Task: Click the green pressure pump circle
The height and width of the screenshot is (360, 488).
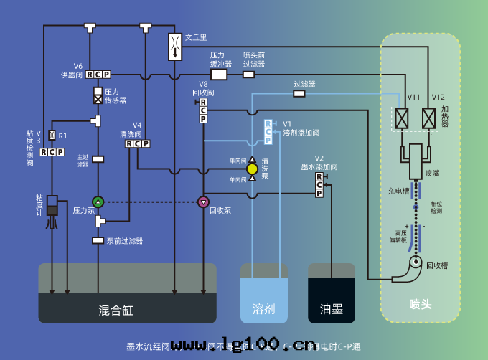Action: pyautogui.click(x=98, y=202)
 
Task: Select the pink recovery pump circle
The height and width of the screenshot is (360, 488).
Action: pyautogui.click(x=203, y=202)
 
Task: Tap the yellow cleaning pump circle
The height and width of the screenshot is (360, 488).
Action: pyautogui.click(x=252, y=169)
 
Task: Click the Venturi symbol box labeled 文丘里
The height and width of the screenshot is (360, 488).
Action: pyautogui.click(x=175, y=47)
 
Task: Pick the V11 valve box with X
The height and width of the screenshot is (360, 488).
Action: pyautogui.click(x=403, y=117)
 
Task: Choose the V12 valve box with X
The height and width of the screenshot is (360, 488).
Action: pyautogui.click(x=429, y=117)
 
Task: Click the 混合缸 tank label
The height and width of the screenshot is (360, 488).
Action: pyautogui.click(x=116, y=311)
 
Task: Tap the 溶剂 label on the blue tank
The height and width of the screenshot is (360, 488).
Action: pyautogui.click(x=263, y=310)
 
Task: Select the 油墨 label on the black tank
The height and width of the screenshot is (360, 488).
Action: pyautogui.click(x=331, y=310)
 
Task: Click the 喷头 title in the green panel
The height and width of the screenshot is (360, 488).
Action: pyautogui.click(x=421, y=304)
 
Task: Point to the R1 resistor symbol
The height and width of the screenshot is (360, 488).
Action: pyautogui.click(x=52, y=136)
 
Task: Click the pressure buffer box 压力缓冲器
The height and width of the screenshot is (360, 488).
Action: pyautogui.click(x=219, y=74)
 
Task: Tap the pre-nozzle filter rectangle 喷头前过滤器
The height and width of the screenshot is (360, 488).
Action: pyautogui.click(x=248, y=74)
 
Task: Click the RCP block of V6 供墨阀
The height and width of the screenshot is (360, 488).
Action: pyautogui.click(x=98, y=75)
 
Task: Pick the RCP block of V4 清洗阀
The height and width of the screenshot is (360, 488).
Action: pyautogui.click(x=138, y=143)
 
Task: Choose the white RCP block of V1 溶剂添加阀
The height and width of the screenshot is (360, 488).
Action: pyautogui.click(x=268, y=131)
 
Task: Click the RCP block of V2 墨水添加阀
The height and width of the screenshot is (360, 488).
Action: pyautogui.click(x=319, y=185)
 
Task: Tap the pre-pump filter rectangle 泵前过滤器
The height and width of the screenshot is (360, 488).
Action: pyautogui.click(x=98, y=240)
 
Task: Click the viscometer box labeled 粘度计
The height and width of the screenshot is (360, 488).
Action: pyautogui.click(x=52, y=205)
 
